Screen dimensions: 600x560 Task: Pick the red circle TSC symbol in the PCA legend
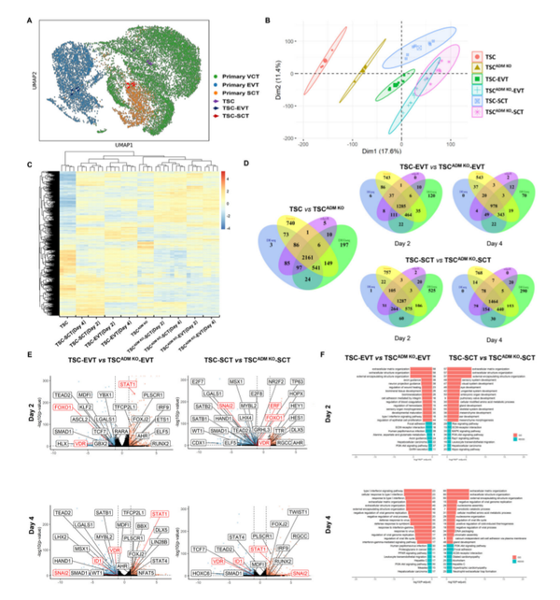click(477, 56)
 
